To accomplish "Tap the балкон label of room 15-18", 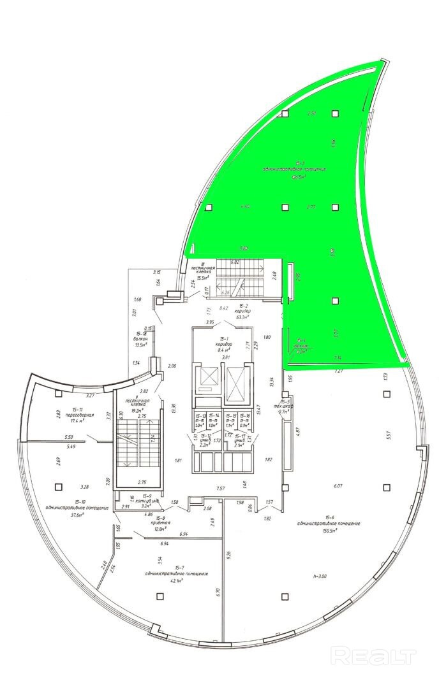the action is point(142,339).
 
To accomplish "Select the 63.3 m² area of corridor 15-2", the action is point(242,316).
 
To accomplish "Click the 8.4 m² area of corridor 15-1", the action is point(224,350).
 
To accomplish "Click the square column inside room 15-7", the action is point(158,596).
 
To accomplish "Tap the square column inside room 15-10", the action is point(58,487).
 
